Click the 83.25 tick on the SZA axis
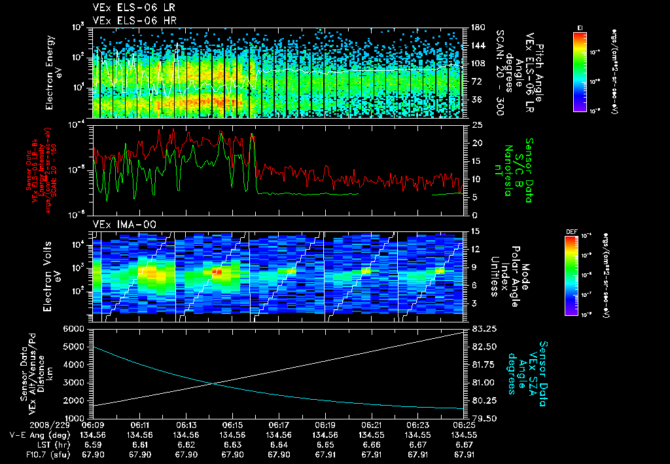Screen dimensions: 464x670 click(x=481, y=328)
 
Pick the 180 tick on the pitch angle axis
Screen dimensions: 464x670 click(x=477, y=28)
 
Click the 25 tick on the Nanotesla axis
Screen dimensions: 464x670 click(x=476, y=125)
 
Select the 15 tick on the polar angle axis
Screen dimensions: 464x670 click(x=475, y=231)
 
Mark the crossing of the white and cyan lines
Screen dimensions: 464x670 click(x=213, y=383)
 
